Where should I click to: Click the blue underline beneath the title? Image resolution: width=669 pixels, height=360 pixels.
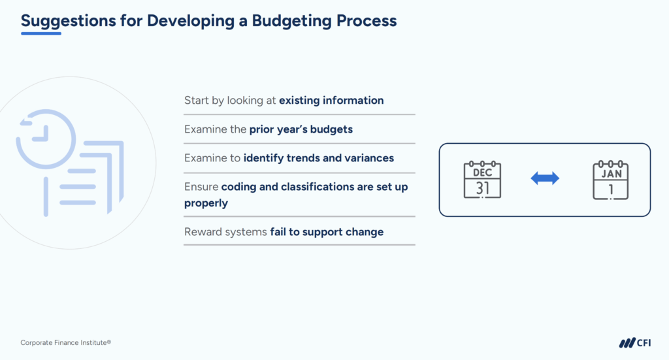click(x=41, y=33)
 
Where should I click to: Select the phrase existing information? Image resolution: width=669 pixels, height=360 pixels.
click(x=331, y=101)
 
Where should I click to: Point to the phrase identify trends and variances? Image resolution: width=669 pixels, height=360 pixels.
click(x=319, y=158)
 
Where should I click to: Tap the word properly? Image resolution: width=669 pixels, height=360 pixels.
click(x=206, y=203)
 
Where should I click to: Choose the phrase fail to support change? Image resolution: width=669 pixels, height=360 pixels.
click(x=327, y=232)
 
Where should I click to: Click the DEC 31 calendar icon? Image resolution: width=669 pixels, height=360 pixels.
click(x=482, y=180)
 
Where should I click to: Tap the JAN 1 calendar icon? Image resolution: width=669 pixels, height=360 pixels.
click(x=611, y=180)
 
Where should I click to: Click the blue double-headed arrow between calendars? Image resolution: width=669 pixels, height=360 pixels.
click(x=545, y=178)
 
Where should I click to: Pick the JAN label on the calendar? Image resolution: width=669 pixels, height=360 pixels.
click(x=611, y=173)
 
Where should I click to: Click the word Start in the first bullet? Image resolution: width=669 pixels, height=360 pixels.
click(x=196, y=101)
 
